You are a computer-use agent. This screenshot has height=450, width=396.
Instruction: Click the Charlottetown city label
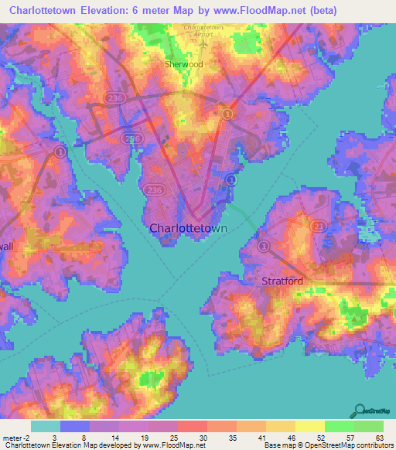188,229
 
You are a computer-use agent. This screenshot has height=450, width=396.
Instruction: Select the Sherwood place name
183,64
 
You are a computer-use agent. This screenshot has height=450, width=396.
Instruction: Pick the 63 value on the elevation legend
379,438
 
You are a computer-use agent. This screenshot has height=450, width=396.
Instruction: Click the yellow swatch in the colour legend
310,426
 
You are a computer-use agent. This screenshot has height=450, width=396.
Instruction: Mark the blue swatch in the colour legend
75,426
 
